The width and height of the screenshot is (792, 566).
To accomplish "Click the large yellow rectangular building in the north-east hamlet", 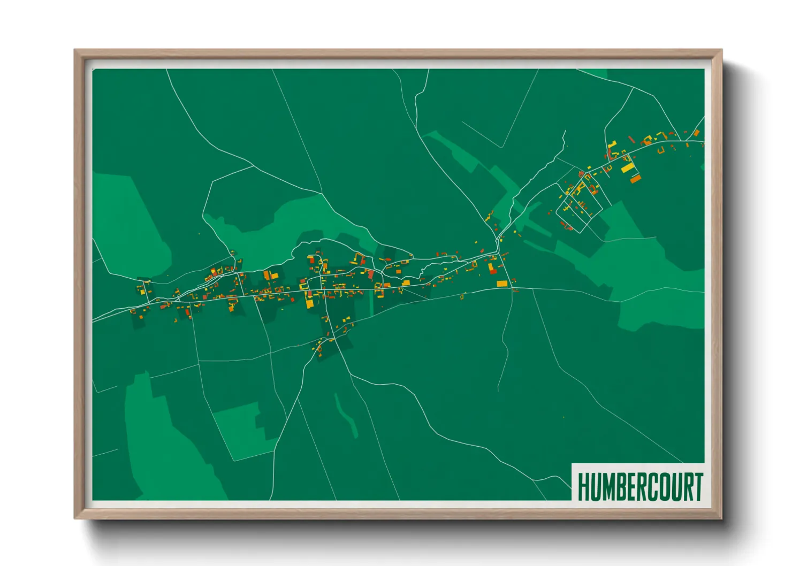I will (627, 167).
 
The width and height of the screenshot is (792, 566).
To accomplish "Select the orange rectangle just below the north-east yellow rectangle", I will (635, 179).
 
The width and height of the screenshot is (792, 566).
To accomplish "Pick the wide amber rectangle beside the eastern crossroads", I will (501, 284).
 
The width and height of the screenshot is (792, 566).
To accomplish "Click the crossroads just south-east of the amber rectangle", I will (512, 288).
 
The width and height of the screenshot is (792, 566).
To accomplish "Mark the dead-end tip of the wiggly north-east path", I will (565, 130).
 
